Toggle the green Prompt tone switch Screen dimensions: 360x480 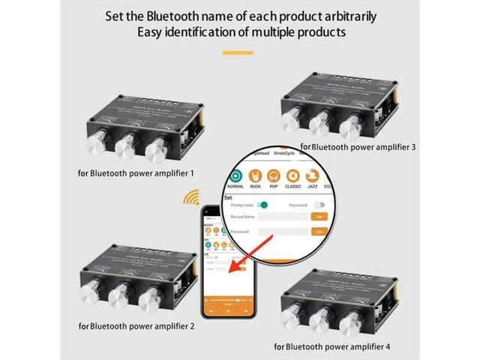click(x=262, y=205)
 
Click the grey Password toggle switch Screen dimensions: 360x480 click(x=319, y=205)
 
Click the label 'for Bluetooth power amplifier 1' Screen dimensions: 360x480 click(x=136, y=173)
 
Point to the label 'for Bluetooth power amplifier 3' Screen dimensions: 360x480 click(x=358, y=147)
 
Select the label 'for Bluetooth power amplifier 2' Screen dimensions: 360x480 click(x=136, y=325)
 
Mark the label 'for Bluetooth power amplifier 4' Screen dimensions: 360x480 click(x=331, y=346)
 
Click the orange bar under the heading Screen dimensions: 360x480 click(x=239, y=52)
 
